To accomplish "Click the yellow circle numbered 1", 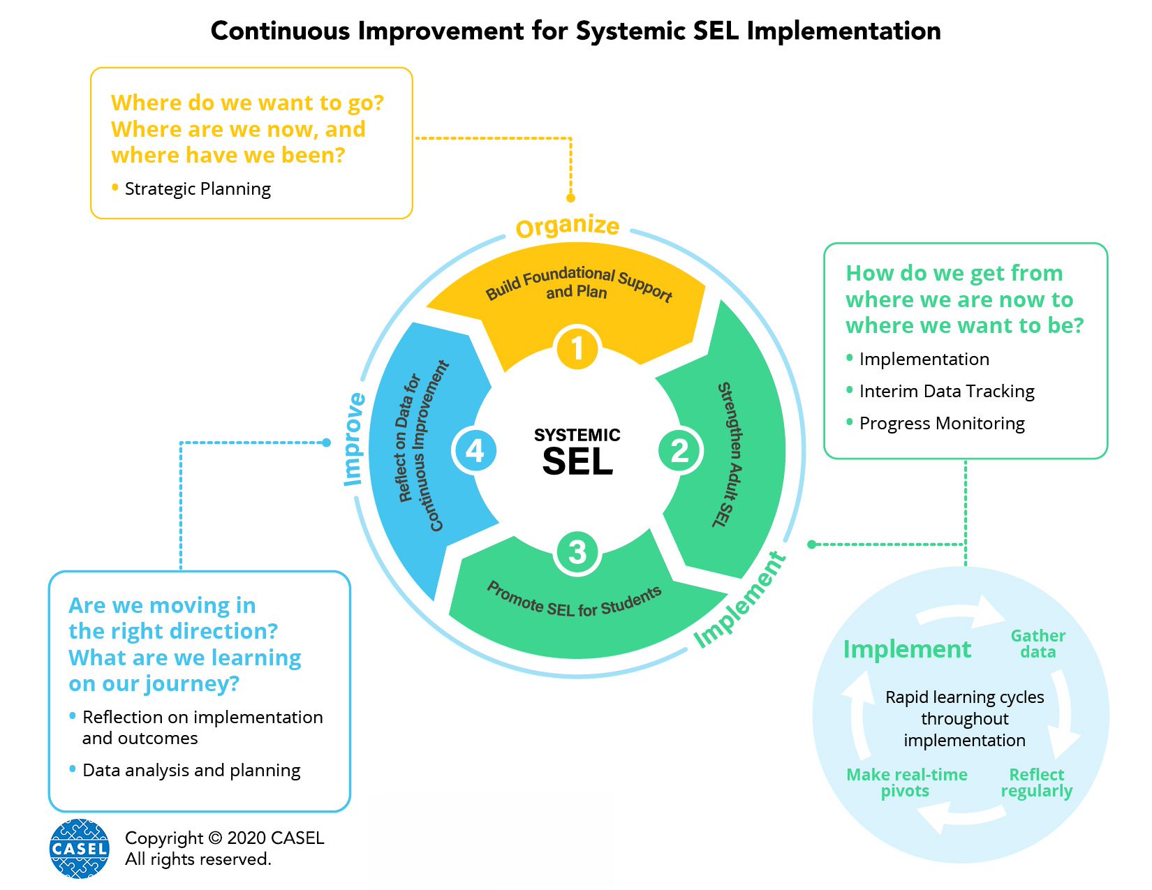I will pyautogui.click(x=577, y=348).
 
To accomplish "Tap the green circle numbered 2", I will pyautogui.click(x=679, y=450).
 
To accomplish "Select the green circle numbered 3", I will pyautogui.click(x=577, y=552).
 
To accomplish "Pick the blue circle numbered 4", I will pyautogui.click(x=475, y=450).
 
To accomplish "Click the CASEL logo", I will pyautogui.click(x=80, y=848).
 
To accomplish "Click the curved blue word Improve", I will pyautogui.click(x=355, y=440).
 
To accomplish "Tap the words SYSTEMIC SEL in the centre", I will pyautogui.click(x=577, y=452).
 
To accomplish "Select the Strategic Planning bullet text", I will pyautogui.click(x=198, y=188).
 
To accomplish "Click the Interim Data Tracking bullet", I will pyautogui.click(x=946, y=391).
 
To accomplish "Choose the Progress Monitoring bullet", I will pyautogui.click(x=942, y=423).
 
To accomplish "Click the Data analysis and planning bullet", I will pyautogui.click(x=191, y=770).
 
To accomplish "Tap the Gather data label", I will pyautogui.click(x=1037, y=644).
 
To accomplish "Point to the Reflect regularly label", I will pyautogui.click(x=1037, y=783).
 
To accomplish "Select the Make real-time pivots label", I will pyautogui.click(x=906, y=783).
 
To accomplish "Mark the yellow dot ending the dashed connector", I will pyautogui.click(x=570, y=198).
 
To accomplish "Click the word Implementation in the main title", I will pyautogui.click(x=843, y=31).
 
